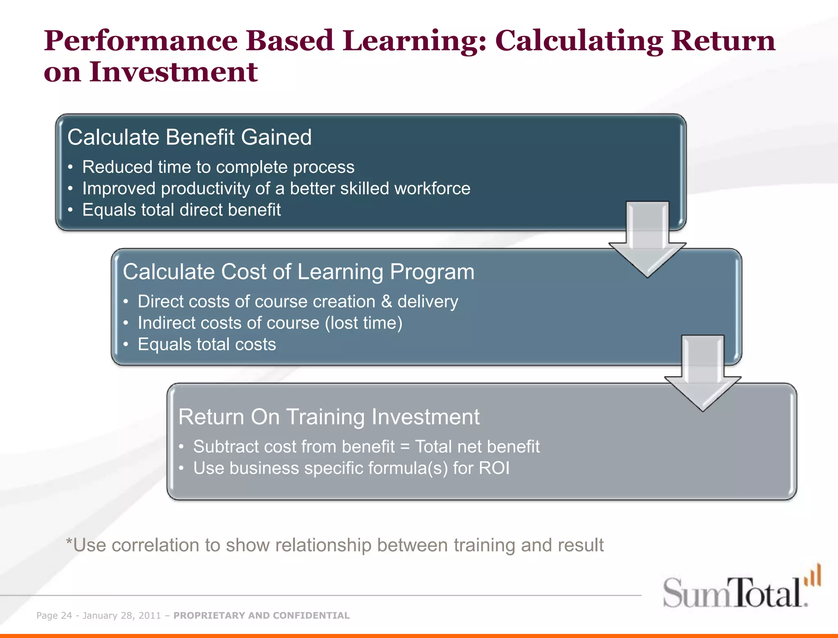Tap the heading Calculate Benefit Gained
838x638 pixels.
(x=189, y=137)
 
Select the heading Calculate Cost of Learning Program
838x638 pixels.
(x=298, y=272)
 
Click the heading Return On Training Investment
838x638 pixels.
(x=329, y=417)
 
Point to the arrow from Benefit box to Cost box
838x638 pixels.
(x=647, y=241)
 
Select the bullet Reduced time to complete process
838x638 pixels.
(x=218, y=167)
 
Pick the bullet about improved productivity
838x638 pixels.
(x=276, y=189)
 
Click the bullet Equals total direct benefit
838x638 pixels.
(x=181, y=210)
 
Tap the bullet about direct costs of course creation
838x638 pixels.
(x=297, y=301)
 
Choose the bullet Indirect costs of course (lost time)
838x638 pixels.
(x=270, y=323)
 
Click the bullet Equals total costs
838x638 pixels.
(x=207, y=344)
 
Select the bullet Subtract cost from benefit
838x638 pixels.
(x=366, y=447)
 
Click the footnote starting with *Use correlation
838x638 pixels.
(x=334, y=545)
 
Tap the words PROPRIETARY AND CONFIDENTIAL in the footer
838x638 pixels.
(x=261, y=616)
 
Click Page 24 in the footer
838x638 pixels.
(x=54, y=616)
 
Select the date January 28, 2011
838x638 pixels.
(x=122, y=616)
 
